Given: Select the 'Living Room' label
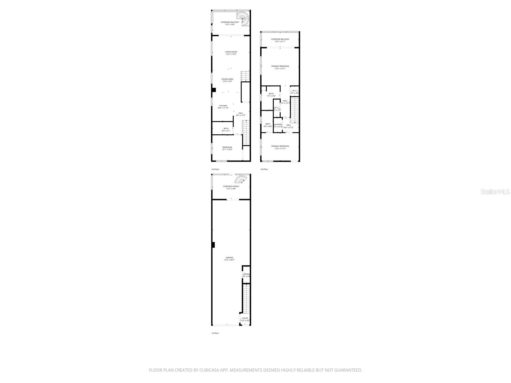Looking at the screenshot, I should (x=231, y=52).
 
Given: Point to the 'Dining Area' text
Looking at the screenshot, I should (x=227, y=79).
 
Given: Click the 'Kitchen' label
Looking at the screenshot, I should (x=223, y=106).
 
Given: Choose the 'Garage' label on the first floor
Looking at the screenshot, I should (x=229, y=258).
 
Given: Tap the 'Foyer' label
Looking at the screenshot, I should (x=245, y=318).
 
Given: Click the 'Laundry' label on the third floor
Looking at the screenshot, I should (x=278, y=124).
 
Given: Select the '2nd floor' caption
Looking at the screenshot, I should (x=215, y=169).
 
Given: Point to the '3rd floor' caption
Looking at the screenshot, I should (x=264, y=169).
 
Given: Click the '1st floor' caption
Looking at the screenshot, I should (x=215, y=333).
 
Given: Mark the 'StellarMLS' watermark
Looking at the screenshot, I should (x=495, y=191).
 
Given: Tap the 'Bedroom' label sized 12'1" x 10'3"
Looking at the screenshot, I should (x=227, y=147).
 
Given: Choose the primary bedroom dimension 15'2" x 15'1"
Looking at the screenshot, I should (x=280, y=69).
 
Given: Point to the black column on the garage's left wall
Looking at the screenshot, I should (x=213, y=245).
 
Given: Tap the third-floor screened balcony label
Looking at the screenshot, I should (x=280, y=39).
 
